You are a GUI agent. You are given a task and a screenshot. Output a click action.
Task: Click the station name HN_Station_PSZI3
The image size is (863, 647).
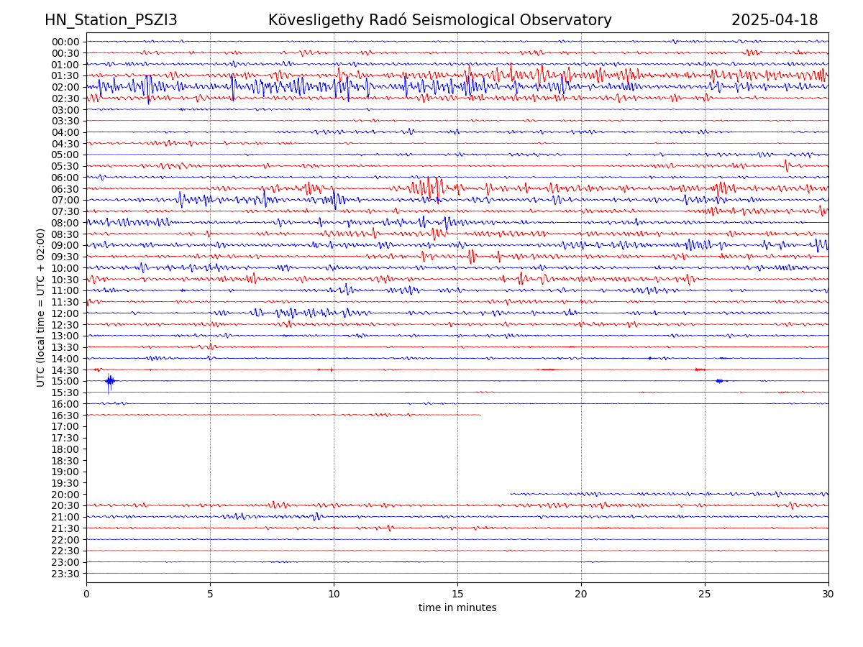[111, 20]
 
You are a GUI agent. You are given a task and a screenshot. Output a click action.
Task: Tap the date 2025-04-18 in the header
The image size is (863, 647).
[775, 20]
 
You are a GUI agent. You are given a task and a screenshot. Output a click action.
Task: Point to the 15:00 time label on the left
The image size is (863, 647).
[65, 381]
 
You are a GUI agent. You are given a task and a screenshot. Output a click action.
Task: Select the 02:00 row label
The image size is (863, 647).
[65, 87]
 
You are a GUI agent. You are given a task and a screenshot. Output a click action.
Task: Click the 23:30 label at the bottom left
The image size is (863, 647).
[65, 574]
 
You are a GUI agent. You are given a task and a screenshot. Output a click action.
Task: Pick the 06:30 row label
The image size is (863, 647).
[65, 189]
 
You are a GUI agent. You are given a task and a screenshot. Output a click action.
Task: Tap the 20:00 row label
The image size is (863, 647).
[65, 495]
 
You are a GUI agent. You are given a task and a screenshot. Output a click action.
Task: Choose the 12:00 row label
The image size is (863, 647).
[65, 313]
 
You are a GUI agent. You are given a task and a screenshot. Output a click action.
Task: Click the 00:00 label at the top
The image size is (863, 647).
[65, 42]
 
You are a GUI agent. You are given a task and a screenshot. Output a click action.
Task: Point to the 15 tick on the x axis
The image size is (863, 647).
[457, 595]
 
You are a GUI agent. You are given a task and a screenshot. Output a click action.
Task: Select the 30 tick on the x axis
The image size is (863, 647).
[828, 595]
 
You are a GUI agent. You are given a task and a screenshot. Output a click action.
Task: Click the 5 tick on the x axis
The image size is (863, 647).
[210, 595]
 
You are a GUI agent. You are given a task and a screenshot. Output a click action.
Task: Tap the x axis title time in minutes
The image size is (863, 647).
[457, 608]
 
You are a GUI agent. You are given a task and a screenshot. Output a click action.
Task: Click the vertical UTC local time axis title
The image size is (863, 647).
[41, 308]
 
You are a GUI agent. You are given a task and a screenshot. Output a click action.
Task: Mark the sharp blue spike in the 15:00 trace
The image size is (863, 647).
[109, 381]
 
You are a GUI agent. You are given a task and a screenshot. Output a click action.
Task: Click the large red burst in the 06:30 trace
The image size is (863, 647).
[429, 188]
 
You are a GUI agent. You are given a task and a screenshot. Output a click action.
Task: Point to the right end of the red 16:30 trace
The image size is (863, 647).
[480, 415]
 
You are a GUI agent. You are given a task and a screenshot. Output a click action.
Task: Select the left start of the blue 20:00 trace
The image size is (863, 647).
[511, 494]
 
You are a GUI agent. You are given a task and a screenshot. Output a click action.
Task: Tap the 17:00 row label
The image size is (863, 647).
[65, 426]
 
